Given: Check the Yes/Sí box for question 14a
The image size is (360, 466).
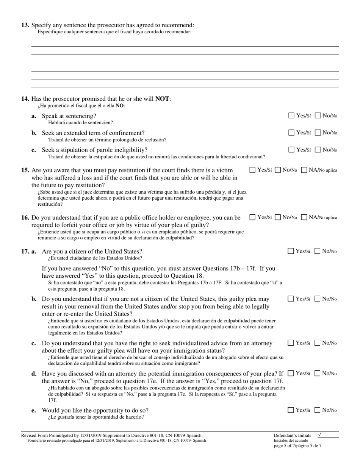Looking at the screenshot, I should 291,116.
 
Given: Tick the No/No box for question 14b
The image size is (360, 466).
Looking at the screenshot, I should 318,133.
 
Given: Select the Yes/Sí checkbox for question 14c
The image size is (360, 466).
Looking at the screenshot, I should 291,150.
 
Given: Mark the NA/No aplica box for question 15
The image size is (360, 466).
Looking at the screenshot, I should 304,170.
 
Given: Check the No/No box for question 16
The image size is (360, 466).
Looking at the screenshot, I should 278,217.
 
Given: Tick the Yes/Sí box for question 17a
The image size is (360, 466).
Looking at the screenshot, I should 291,251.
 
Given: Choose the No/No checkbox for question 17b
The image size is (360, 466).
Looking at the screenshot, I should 318,299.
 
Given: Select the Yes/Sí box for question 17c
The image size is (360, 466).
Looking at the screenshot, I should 291,343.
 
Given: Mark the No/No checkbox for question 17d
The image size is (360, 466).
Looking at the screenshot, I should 318,374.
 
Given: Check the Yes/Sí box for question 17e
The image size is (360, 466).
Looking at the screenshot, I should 291,410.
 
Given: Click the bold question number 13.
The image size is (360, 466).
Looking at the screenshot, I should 25,25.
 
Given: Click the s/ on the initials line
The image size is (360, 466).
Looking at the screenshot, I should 319,435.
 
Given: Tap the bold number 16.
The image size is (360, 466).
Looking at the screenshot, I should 25,218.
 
